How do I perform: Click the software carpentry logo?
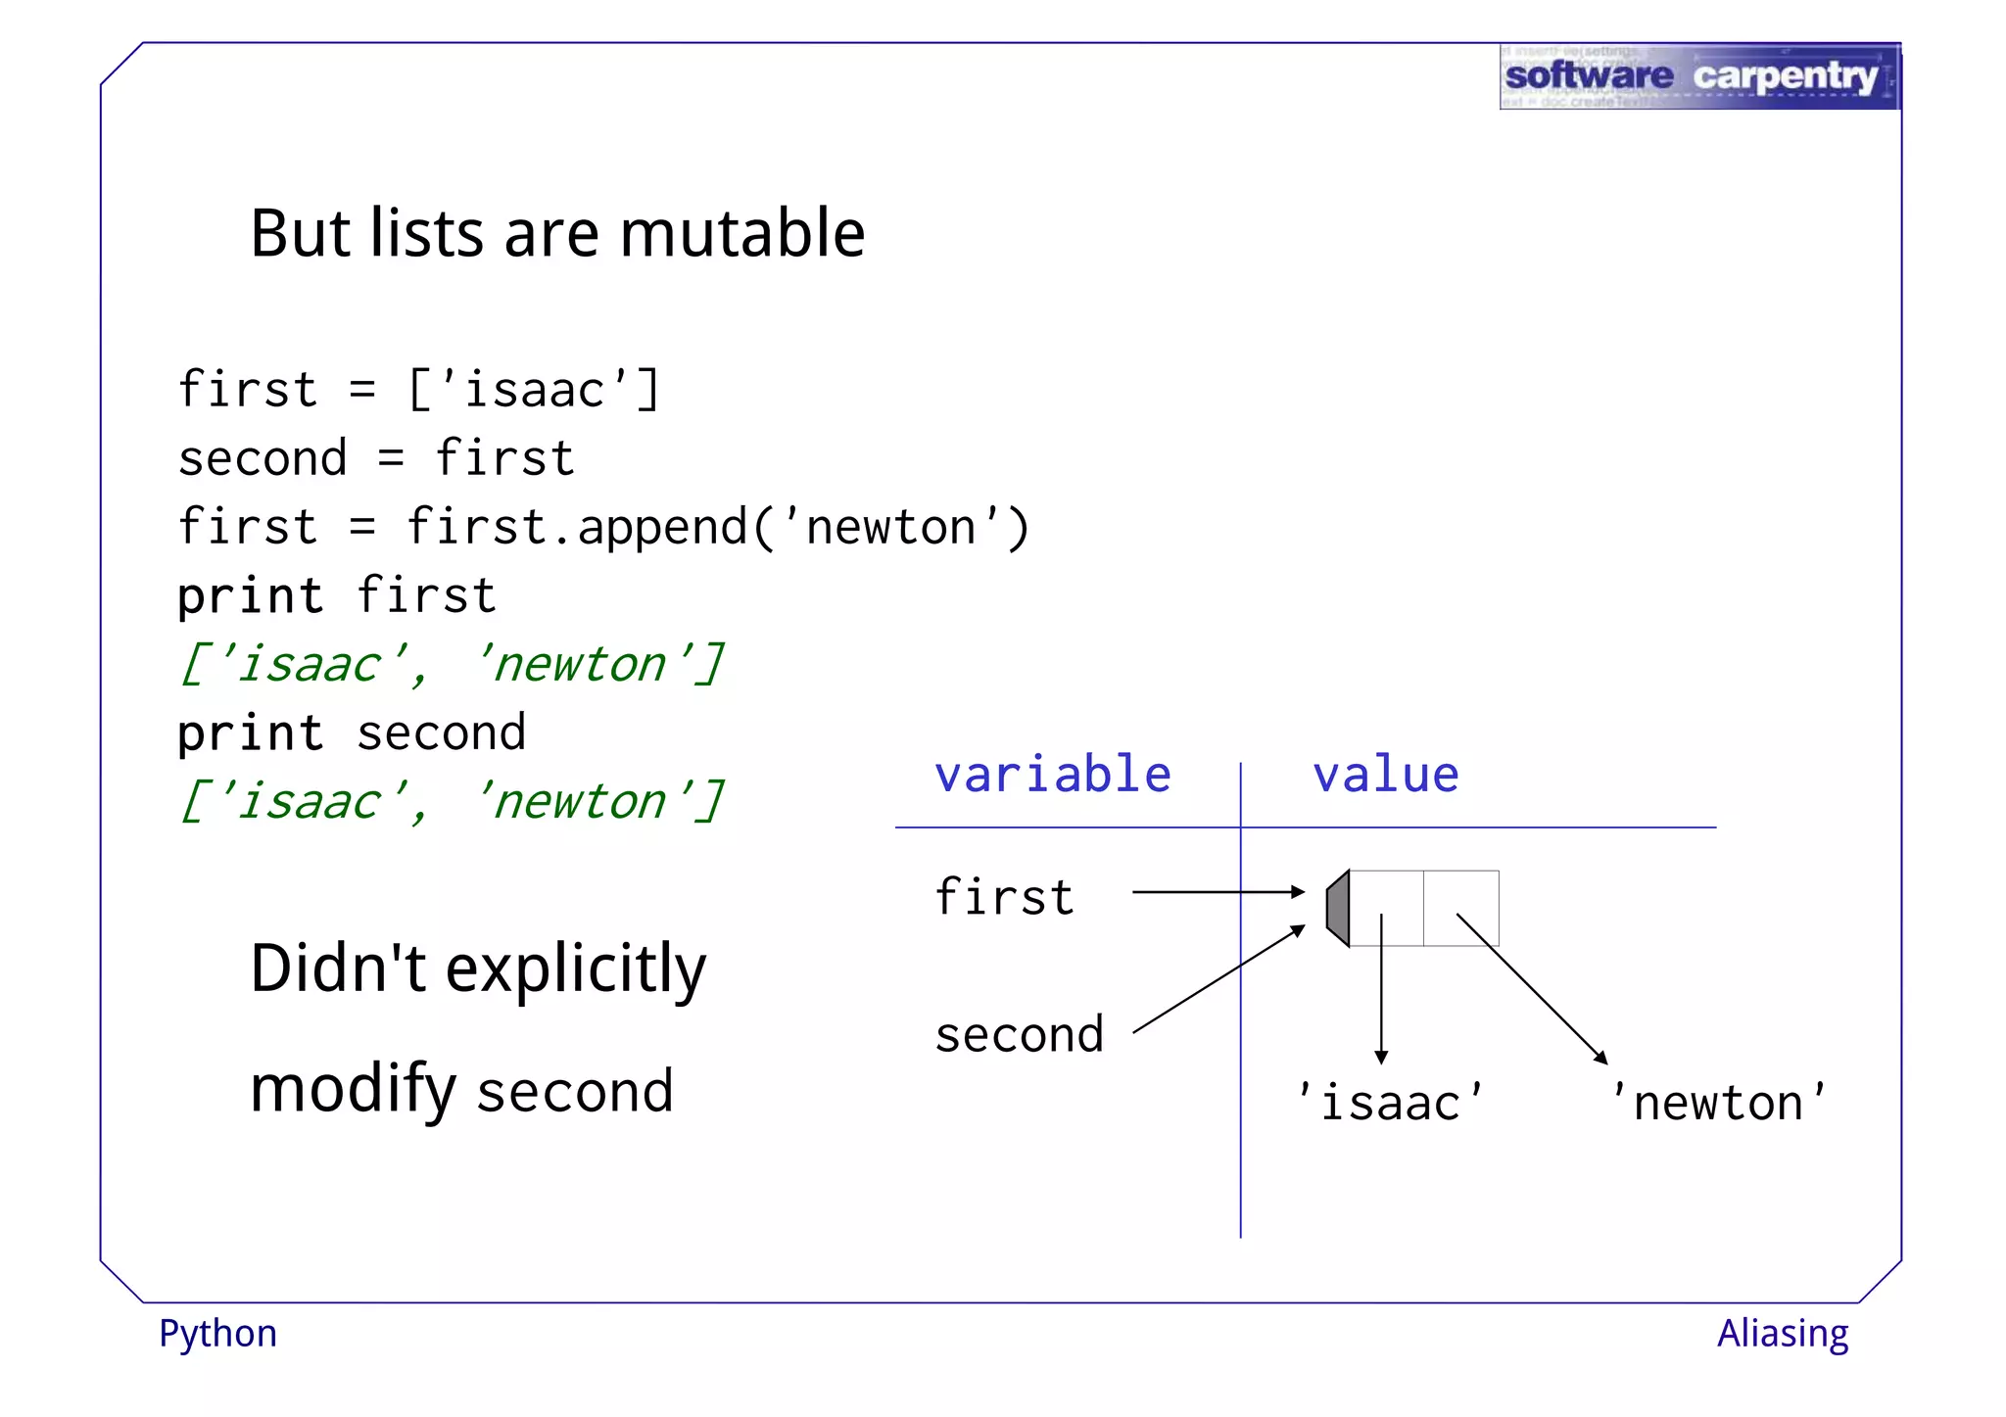tap(1698, 76)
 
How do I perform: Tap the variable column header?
tap(1052, 775)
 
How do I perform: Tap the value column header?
tap(1385, 775)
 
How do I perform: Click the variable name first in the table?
tap(1004, 896)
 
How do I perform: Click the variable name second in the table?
tap(1019, 1034)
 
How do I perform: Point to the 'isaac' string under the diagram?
tap(1389, 1103)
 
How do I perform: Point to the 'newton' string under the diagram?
tap(1718, 1103)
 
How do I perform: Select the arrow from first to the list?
tap(1218, 892)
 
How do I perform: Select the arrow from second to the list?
tap(1218, 979)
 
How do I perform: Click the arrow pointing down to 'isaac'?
tap(1381, 989)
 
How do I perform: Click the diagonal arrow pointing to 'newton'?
tap(1531, 988)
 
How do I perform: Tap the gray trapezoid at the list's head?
tap(1338, 908)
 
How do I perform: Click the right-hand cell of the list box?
tap(1460, 908)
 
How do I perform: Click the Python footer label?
tap(217, 1334)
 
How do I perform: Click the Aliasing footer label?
tap(1782, 1334)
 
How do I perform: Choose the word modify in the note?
tap(353, 1090)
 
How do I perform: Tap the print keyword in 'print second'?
tap(250, 733)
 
